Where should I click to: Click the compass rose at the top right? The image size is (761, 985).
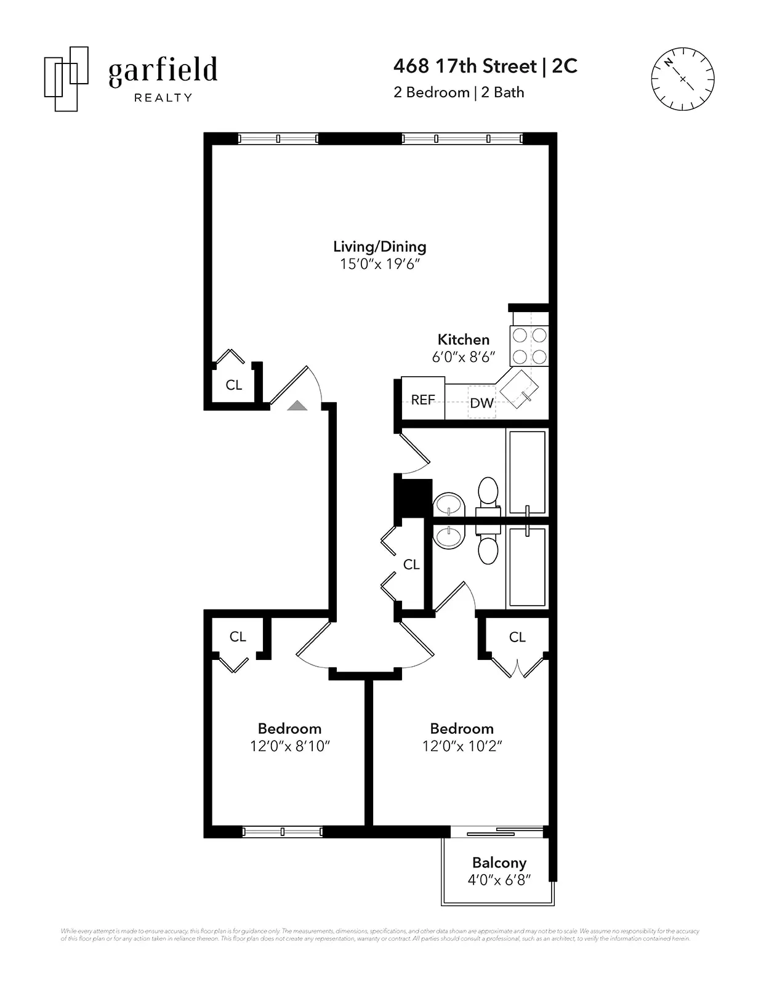tap(682, 79)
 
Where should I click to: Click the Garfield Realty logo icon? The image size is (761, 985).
tap(66, 79)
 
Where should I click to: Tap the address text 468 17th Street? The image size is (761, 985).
tap(464, 66)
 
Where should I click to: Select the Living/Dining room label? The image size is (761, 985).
tap(379, 246)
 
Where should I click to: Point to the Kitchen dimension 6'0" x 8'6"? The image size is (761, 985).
tap(463, 356)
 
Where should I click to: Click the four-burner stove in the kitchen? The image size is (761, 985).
tap(529, 346)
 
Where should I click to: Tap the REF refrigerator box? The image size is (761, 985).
tap(423, 400)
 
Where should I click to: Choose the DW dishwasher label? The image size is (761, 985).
tap(481, 403)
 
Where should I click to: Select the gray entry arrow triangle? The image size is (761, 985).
tap(297, 405)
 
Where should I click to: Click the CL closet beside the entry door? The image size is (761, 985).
tap(233, 385)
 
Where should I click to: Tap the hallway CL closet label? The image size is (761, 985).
tap(411, 565)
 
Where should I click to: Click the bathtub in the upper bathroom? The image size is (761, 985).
tap(527, 472)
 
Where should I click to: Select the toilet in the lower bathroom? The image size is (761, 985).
tap(488, 548)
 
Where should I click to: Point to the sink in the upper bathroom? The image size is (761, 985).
tap(449, 505)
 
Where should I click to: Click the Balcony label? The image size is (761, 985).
tap(499, 862)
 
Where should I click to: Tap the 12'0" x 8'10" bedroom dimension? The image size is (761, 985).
tap(290, 746)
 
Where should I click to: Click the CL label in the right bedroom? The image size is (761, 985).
tap(517, 637)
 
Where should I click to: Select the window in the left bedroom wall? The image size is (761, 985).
tap(282, 832)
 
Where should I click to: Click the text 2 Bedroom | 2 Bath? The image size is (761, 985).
tap(459, 92)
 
